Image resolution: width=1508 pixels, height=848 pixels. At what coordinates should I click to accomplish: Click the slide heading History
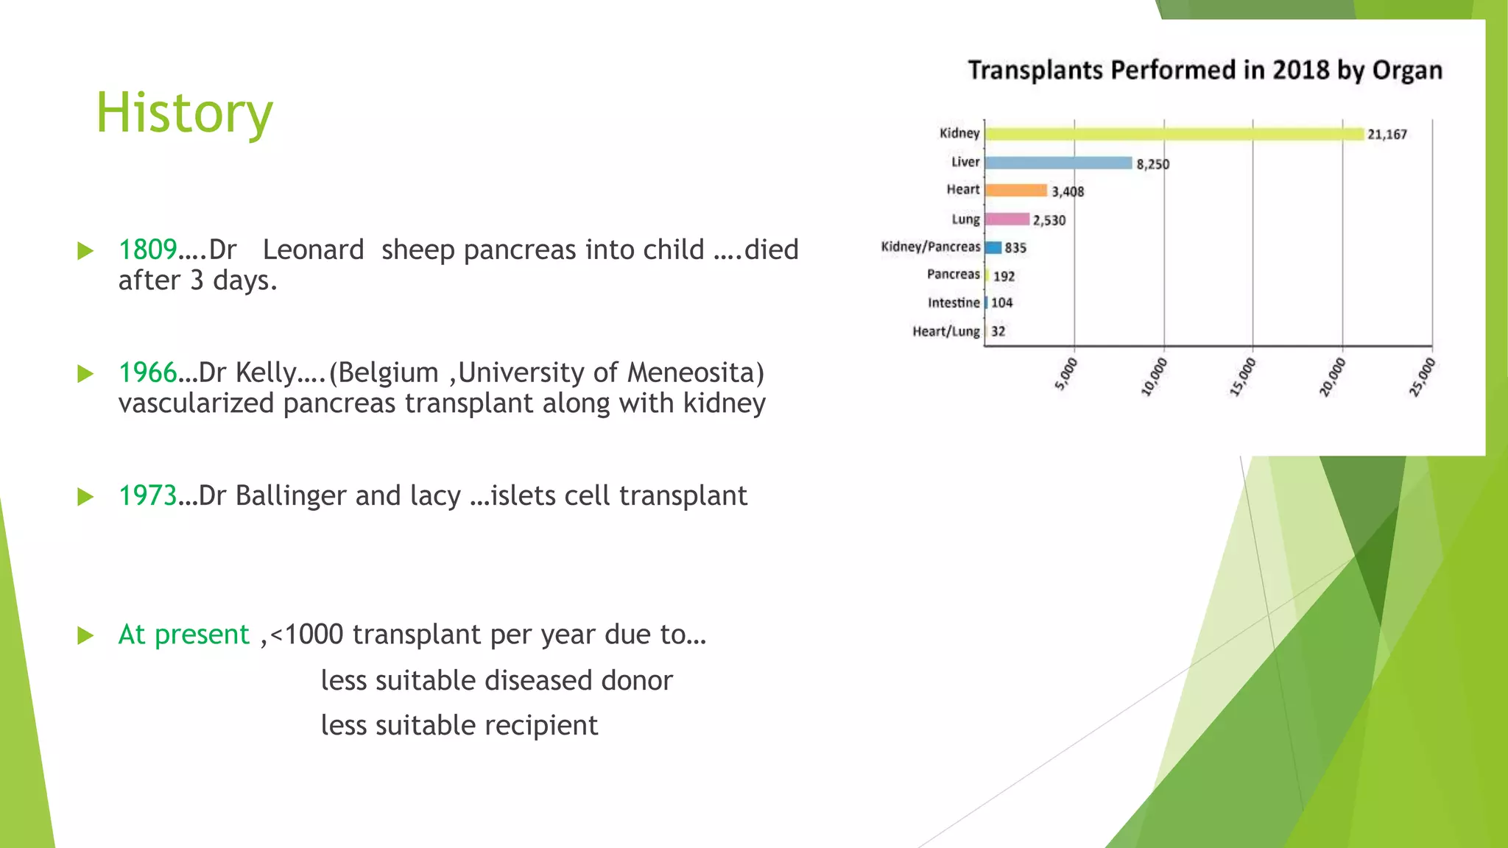[184, 113]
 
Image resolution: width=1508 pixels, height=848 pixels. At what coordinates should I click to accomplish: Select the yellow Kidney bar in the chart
[1174, 134]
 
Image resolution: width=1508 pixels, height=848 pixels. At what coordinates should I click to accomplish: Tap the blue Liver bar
[1058, 163]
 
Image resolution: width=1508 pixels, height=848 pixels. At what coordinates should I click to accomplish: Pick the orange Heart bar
[1016, 191]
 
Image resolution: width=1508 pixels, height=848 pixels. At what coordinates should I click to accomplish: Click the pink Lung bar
[1007, 219]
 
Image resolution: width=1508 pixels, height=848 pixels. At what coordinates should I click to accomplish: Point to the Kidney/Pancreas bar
[993, 247]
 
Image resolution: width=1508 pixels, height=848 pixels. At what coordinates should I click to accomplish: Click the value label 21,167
[1387, 134]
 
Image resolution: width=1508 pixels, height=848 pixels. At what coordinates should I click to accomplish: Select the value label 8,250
[1152, 164]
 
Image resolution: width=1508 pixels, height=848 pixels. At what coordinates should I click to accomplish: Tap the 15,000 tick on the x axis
[1243, 377]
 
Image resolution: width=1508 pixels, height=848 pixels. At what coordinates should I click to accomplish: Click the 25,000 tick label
[1422, 377]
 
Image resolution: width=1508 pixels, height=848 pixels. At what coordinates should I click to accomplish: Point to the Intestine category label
[954, 303]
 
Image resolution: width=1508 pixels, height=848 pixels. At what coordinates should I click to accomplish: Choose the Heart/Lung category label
[946, 331]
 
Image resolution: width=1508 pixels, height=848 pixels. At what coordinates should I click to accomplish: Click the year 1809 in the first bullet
[147, 250]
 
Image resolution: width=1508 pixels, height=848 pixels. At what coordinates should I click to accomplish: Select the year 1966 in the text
[147, 373]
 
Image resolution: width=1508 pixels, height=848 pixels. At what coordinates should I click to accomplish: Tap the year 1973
[147, 496]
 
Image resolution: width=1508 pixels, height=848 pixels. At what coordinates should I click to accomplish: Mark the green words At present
[184, 635]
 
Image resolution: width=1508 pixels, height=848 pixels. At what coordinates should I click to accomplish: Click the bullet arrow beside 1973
[85, 497]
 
